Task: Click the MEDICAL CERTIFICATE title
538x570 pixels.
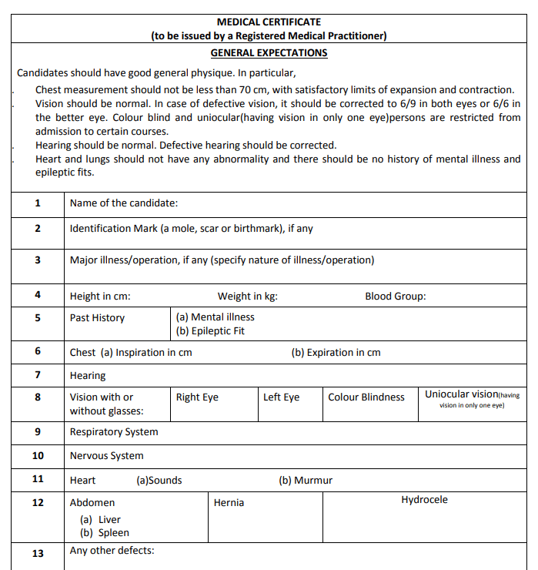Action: pyautogui.click(x=269, y=22)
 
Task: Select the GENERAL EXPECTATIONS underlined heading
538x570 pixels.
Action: pyautogui.click(x=269, y=53)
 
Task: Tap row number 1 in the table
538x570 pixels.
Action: pyautogui.click(x=38, y=203)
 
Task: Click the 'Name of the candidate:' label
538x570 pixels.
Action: pyautogui.click(x=124, y=203)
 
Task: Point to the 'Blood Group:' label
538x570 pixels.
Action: pyautogui.click(x=395, y=297)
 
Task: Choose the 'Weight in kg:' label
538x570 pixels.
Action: pyautogui.click(x=247, y=297)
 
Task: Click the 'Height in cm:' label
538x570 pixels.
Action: pyautogui.click(x=100, y=297)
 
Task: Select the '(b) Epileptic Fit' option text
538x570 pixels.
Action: pyautogui.click(x=210, y=332)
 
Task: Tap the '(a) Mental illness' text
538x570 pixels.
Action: pyautogui.click(x=215, y=317)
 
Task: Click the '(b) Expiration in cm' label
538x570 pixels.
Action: pyautogui.click(x=336, y=353)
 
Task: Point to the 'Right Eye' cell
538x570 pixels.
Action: pyautogui.click(x=197, y=397)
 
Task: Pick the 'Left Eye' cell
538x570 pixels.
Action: pyautogui.click(x=281, y=397)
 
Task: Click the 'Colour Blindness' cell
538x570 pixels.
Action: pyautogui.click(x=366, y=397)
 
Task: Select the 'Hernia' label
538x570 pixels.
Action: pyautogui.click(x=229, y=503)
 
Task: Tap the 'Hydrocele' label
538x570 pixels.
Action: pyautogui.click(x=424, y=500)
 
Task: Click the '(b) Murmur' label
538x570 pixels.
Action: pyautogui.click(x=306, y=481)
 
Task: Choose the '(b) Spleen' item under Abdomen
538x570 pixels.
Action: pyautogui.click(x=105, y=533)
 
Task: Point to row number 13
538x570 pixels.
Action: pyautogui.click(x=38, y=554)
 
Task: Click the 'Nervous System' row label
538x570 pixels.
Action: pyautogui.click(x=106, y=456)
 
